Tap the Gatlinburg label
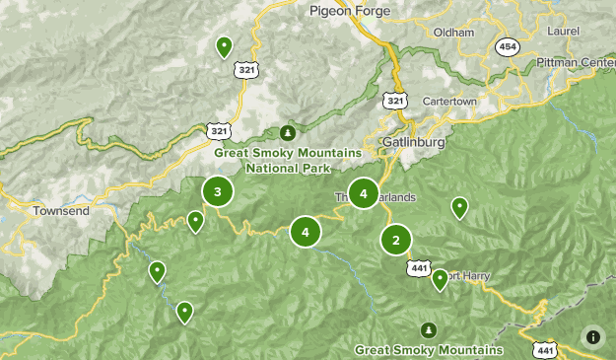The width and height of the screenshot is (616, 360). click(x=413, y=143)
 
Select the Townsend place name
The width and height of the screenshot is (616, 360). click(x=60, y=211)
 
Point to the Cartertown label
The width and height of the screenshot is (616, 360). click(x=449, y=103)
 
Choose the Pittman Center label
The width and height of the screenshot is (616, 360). click(x=576, y=62)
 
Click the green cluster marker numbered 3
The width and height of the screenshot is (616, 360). click(x=218, y=191)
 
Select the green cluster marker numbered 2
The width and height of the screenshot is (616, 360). click(x=396, y=239)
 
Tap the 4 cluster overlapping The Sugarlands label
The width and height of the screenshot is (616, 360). click(x=364, y=194)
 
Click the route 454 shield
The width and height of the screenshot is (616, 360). click(x=509, y=47)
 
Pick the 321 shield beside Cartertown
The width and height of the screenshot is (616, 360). click(x=395, y=101)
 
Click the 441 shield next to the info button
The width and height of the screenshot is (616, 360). click(x=545, y=350)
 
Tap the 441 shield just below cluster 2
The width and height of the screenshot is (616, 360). click(x=419, y=268)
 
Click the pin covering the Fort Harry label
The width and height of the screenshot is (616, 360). click(x=441, y=279)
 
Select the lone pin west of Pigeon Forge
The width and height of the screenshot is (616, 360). click(x=224, y=45)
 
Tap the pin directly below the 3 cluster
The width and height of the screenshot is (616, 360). click(x=195, y=221)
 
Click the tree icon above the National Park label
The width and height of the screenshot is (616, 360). click(x=288, y=132)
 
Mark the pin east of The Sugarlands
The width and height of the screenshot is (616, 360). click(x=459, y=206)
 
